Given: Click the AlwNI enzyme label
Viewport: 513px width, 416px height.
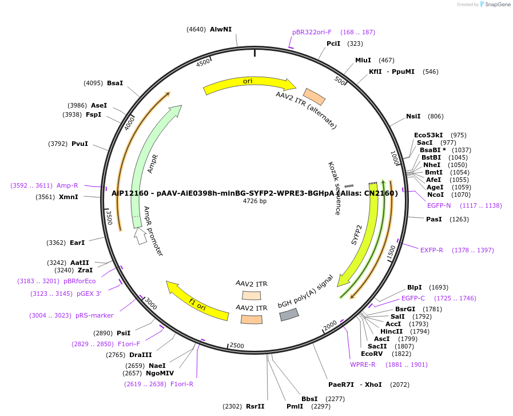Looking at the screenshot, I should coord(221,29).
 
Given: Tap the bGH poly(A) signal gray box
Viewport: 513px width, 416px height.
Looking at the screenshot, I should coord(289,314).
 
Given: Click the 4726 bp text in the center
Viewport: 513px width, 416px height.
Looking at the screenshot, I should coord(254,201).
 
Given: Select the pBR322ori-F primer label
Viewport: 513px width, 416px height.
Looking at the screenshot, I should coord(312,32).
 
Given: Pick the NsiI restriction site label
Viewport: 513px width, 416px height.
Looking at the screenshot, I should coord(413,116).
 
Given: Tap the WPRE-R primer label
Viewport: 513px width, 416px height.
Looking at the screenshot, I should coord(363,365).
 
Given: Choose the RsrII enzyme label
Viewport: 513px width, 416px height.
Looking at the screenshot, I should coord(255,406).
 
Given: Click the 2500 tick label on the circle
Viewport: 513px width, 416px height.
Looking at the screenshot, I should coord(237,346).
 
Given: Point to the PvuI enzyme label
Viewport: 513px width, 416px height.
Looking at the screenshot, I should coord(79,144).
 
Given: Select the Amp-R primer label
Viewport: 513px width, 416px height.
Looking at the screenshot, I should coord(67,185).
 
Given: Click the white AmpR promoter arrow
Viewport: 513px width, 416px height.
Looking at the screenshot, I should coord(140,236).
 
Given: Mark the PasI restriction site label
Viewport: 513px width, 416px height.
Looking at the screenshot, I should coord(434,219).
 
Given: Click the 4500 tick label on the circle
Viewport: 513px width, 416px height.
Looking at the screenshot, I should coord(203,63).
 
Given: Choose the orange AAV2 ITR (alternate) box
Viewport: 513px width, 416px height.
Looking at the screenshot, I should coord(314,97).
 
